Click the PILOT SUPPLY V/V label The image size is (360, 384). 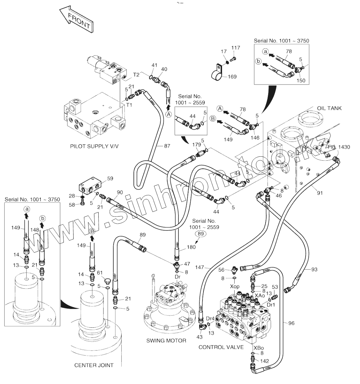[x=94, y=146]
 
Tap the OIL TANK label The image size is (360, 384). [x=329, y=108]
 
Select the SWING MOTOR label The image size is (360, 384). [x=166, y=340]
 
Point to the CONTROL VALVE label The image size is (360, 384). [x=221, y=347]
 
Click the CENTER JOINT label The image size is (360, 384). [x=94, y=365]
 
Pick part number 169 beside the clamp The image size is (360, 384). [x=232, y=77]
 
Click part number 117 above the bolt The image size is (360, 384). [x=236, y=48]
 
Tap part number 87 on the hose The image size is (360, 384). [x=167, y=146]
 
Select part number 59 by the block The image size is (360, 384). [x=110, y=179]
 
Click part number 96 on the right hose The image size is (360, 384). [x=291, y=323]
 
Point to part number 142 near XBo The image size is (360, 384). [x=265, y=361]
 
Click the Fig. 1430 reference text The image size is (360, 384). [x=339, y=147]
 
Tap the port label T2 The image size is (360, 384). [x=136, y=75]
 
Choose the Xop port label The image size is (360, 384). [x=235, y=286]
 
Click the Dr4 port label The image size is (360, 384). [x=210, y=318]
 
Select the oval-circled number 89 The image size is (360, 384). [x=201, y=234]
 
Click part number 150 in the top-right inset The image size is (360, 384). [x=301, y=80]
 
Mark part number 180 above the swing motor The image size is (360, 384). [x=191, y=247]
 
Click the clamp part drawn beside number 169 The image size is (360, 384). [x=218, y=73]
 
